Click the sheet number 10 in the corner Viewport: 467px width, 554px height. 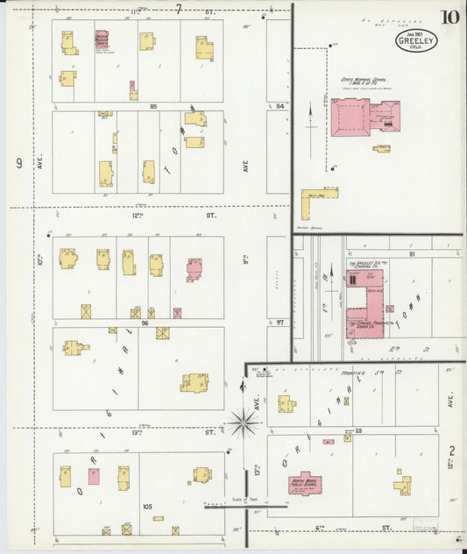point(449,17)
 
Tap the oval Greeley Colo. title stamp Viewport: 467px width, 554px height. point(412,40)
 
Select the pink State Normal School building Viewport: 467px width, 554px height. point(350,117)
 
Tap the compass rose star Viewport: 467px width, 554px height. point(243,423)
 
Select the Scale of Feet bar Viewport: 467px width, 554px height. point(246,506)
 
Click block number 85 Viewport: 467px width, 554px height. point(152,106)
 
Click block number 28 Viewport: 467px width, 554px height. point(359,430)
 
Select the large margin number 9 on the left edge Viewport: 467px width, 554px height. point(18,163)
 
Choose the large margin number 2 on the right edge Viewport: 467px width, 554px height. point(452,451)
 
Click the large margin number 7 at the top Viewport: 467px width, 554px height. point(178,9)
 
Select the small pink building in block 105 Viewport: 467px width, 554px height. point(94,477)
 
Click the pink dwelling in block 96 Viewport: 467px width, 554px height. point(194,268)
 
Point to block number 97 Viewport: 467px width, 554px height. point(279,323)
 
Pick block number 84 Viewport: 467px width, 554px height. point(279,106)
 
